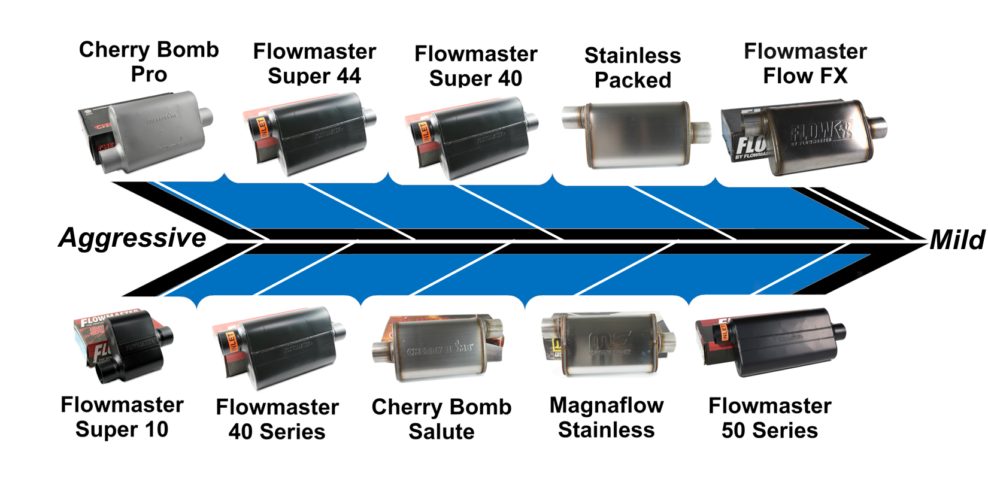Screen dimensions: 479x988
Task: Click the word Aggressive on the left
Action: pyautogui.click(x=132, y=238)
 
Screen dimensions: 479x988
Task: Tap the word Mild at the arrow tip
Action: pyautogui.click(x=956, y=240)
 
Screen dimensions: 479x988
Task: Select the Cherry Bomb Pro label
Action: pyautogui.click(x=149, y=62)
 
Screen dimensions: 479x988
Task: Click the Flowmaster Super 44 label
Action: pyautogui.click(x=314, y=63)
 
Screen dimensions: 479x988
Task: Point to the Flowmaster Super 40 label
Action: pyautogui.click(x=475, y=66)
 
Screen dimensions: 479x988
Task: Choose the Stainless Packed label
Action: pyautogui.click(x=633, y=68)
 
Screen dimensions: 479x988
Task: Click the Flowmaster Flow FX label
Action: pyautogui.click(x=805, y=63)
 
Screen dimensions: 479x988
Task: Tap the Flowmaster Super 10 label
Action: pyautogui.click(x=122, y=417)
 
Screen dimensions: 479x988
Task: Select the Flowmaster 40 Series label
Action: pyautogui.click(x=277, y=419)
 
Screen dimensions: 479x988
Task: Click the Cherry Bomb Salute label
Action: pyautogui.click(x=441, y=419)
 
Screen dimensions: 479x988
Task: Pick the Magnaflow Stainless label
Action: pyautogui.click(x=607, y=417)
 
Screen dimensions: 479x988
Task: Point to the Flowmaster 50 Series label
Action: pyautogui.click(x=769, y=418)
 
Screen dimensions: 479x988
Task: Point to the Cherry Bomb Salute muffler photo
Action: pyautogui.click(x=440, y=347)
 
